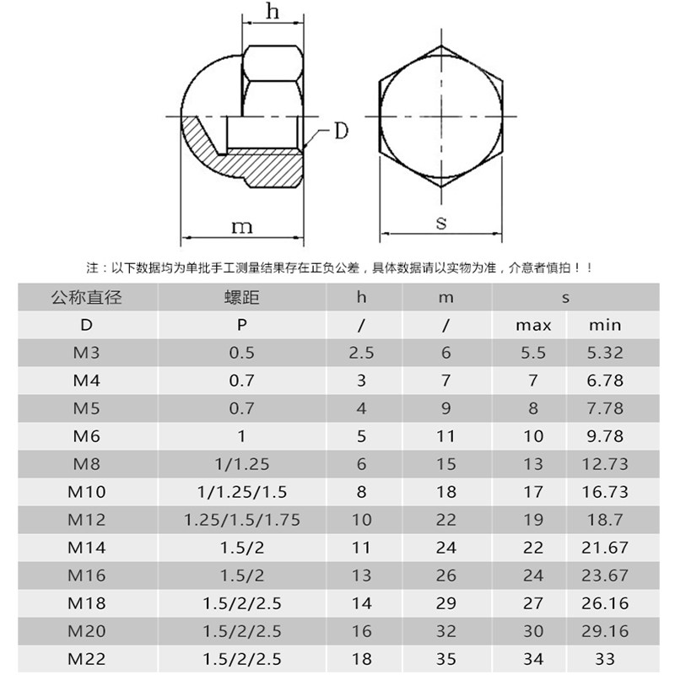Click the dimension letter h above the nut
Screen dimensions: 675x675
point(273,11)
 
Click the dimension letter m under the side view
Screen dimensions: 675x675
point(242,227)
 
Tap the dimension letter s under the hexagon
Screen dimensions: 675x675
point(441,223)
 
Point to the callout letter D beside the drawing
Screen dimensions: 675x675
point(341,131)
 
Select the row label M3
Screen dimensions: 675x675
point(87,353)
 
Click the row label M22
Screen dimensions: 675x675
point(87,659)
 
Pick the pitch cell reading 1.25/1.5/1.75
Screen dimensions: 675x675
point(242,520)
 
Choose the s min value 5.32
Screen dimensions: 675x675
point(605,353)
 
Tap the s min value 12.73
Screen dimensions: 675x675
point(605,464)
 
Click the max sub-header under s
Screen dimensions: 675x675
point(533,326)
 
